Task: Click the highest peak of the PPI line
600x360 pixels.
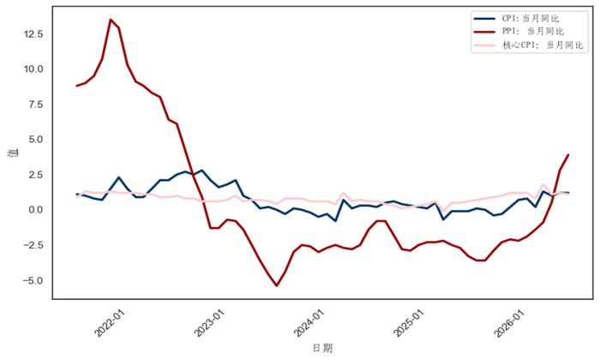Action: tap(111, 20)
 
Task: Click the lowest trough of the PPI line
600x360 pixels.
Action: tap(277, 285)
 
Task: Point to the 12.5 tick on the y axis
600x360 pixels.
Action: tap(33, 34)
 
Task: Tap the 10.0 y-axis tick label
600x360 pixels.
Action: tap(33, 69)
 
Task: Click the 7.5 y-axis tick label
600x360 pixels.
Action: tap(36, 105)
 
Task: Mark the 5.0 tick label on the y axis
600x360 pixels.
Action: tap(36, 140)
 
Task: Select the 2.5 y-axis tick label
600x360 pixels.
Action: tap(36, 175)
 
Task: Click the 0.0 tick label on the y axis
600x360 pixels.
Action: tap(36, 210)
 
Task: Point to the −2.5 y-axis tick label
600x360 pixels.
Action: tap(33, 245)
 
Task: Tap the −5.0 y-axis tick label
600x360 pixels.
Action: tap(33, 280)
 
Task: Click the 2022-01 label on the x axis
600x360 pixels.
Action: tap(110, 323)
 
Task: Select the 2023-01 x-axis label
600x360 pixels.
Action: tap(210, 323)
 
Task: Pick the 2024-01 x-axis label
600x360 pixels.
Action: tap(309, 323)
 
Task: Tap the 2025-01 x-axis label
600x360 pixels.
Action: tap(410, 323)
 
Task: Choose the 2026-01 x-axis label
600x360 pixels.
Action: tap(509, 323)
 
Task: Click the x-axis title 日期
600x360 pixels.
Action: tap(322, 348)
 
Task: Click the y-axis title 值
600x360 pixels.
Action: tap(15, 153)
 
